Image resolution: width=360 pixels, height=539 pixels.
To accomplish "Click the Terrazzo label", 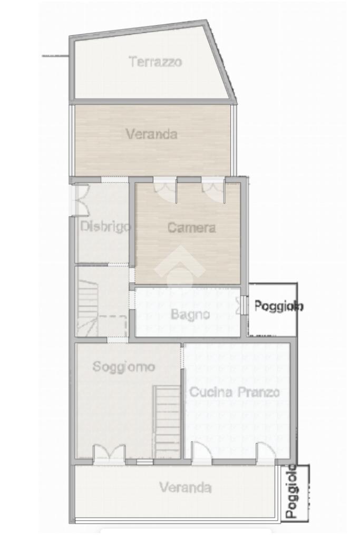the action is (155, 62).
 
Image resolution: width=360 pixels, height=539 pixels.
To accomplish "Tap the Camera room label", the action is (191, 228).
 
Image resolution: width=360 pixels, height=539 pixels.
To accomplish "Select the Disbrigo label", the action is (105, 227).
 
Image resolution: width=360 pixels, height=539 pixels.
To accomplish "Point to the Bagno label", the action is (190, 314).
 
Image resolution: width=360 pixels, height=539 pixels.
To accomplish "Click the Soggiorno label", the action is (124, 367).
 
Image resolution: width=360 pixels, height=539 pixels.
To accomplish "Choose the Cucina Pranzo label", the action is (235, 392).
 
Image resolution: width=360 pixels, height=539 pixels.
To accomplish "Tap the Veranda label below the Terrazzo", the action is (152, 134).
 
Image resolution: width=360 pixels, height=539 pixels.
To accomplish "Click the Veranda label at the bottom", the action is (186, 487).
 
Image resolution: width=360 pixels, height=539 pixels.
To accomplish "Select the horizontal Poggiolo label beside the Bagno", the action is (279, 306).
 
